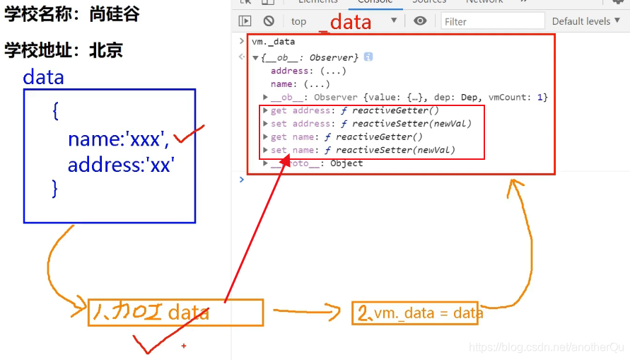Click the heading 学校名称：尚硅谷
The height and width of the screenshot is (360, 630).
point(73,15)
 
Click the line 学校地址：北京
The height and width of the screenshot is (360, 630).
point(64,50)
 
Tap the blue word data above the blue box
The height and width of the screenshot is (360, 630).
point(43,76)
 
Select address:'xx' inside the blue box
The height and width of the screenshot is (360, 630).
point(120,165)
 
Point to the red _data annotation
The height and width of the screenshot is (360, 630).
point(346,22)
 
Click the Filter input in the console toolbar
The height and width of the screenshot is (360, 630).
point(492,21)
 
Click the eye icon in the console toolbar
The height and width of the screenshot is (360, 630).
point(420,21)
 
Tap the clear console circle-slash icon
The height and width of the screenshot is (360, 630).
point(269,21)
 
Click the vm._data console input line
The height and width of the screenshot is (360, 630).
point(274,42)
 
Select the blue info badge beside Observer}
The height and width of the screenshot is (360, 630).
point(368,57)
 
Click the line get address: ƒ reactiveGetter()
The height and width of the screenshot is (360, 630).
point(354,110)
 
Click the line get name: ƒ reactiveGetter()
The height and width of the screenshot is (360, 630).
point(346,137)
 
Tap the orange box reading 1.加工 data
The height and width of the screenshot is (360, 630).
point(175,312)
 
